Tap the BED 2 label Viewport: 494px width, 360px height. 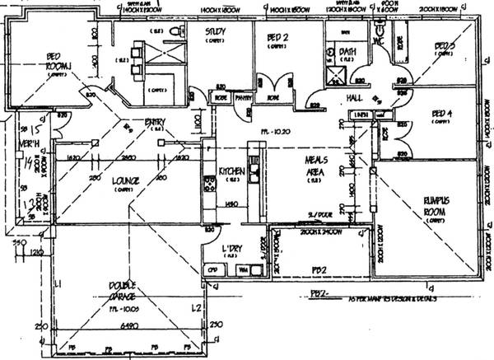[277, 38]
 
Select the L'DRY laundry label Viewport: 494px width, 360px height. [231, 248]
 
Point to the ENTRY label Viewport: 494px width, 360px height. [155, 124]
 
